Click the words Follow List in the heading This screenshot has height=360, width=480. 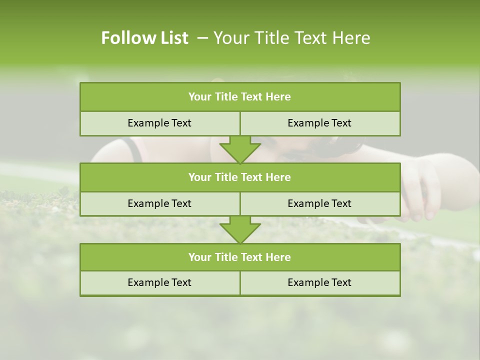[144, 38]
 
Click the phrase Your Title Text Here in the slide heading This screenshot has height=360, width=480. [291, 38]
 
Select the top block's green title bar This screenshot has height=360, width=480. [240, 97]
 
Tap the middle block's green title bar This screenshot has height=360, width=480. [240, 177]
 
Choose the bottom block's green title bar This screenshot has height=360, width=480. [240, 257]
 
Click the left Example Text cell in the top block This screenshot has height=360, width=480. [159, 123]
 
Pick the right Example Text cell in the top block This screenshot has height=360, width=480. [319, 123]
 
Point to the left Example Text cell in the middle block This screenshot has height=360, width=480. [159, 203]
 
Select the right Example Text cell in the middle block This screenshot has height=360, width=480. [319, 203]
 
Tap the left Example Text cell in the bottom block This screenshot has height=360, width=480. [159, 282]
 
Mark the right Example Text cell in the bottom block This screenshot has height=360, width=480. [319, 282]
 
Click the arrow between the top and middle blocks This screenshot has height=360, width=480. [240, 149]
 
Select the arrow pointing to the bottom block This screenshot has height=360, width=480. [240, 229]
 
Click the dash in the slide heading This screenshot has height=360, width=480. [202, 38]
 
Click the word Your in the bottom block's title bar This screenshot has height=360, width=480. [199, 257]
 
